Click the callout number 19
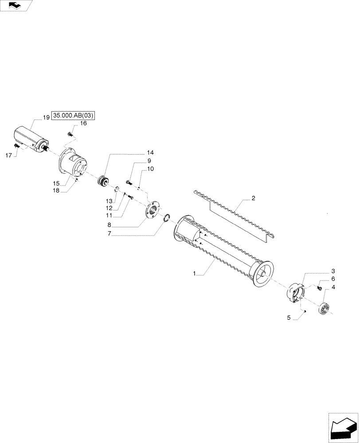(x=46, y=117)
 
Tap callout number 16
(x=84, y=124)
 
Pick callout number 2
(x=253, y=199)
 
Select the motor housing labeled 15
(x=74, y=164)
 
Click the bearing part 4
(x=325, y=308)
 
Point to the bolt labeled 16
(x=70, y=133)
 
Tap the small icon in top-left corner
(x=16, y=5)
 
